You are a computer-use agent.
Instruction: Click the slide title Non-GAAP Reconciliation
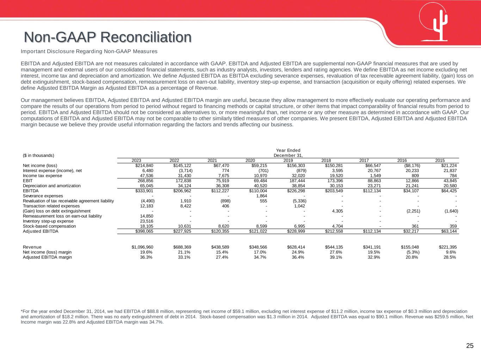coord(108,37)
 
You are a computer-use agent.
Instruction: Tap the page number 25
coord(470,345)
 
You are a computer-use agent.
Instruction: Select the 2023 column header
coord(136,161)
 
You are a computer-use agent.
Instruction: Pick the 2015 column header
coord(440,161)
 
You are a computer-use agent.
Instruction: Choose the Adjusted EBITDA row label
coord(41,231)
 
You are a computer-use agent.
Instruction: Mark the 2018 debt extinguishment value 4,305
coord(336,211)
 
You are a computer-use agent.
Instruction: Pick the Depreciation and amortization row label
coord(51,185)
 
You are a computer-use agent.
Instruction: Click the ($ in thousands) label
coord(38,155)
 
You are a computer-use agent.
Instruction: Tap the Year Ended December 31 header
coord(288,153)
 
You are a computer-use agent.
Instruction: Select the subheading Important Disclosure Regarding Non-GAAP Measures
coord(89,51)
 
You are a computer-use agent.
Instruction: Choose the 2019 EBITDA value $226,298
coord(296,191)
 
